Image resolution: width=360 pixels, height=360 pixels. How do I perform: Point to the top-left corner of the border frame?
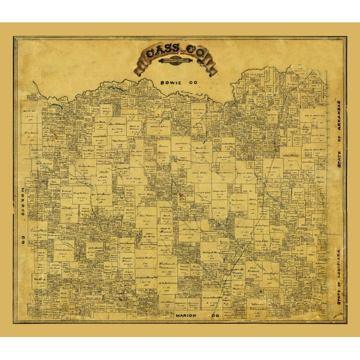14,37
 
